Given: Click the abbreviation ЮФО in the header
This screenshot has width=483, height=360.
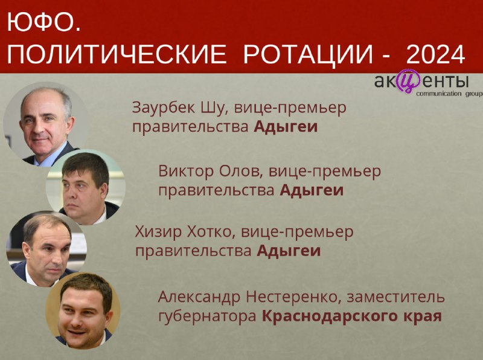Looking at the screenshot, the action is [x=40, y=22].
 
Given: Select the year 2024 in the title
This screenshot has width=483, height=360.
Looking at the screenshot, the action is [x=435, y=54].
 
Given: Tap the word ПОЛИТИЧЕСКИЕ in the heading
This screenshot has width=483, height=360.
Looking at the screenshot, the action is [x=117, y=54].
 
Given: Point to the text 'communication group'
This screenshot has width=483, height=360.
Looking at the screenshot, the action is [x=449, y=94].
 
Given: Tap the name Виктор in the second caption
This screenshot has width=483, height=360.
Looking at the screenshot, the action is [x=186, y=171].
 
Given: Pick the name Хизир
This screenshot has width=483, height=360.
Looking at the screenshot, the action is [x=158, y=232].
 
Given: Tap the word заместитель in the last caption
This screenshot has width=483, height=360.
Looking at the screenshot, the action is [x=396, y=297].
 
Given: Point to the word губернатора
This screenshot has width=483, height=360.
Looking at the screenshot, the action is [x=207, y=317].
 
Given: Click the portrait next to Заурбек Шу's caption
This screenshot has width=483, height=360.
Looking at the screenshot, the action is [x=46, y=124].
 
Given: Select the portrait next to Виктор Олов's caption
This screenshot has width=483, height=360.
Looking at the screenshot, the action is [x=86, y=187].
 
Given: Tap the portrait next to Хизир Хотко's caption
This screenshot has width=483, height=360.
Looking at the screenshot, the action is [x=46, y=249].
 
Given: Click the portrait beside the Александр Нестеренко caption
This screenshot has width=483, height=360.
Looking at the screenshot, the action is [x=83, y=310].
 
